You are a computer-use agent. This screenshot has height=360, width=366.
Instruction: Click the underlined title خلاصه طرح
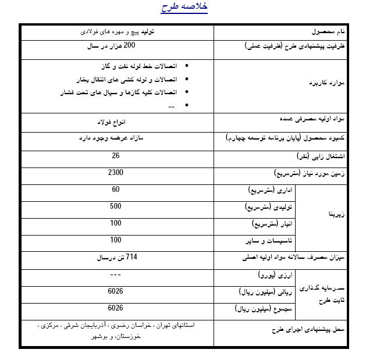[x=184, y=8]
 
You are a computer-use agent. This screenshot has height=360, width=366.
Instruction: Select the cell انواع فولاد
[x=117, y=123]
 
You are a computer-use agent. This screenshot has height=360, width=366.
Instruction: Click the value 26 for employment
[x=116, y=156]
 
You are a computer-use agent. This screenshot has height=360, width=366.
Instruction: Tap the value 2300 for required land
[x=116, y=173]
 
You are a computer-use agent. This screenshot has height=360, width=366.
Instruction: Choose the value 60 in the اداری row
[x=116, y=190]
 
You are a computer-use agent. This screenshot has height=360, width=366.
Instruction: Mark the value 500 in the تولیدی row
[x=116, y=206]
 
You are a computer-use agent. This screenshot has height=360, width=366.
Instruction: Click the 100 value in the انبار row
[x=116, y=223]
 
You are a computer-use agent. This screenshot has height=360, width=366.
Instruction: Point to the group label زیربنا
[x=337, y=215]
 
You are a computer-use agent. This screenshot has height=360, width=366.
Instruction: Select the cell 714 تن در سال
[x=116, y=257]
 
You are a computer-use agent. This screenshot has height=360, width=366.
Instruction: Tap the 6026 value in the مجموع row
[x=116, y=308]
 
